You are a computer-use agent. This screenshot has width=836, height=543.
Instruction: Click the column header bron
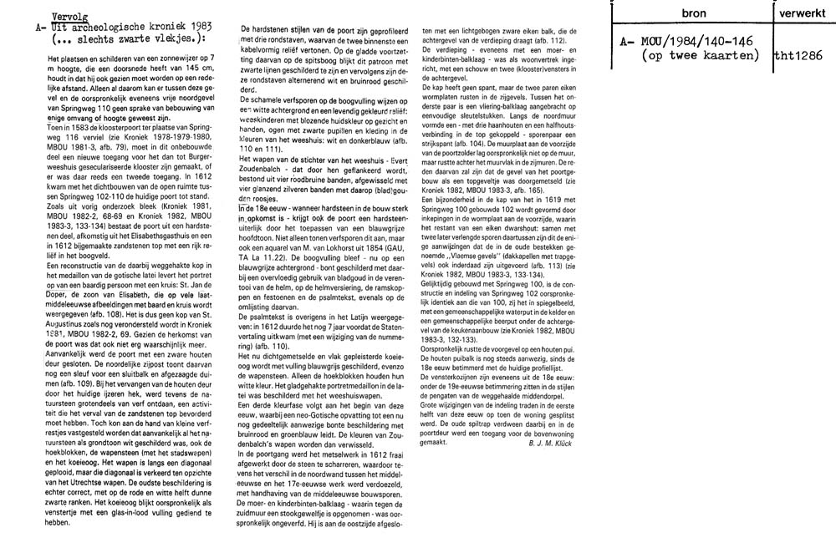pyautogui.click(x=694, y=15)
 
